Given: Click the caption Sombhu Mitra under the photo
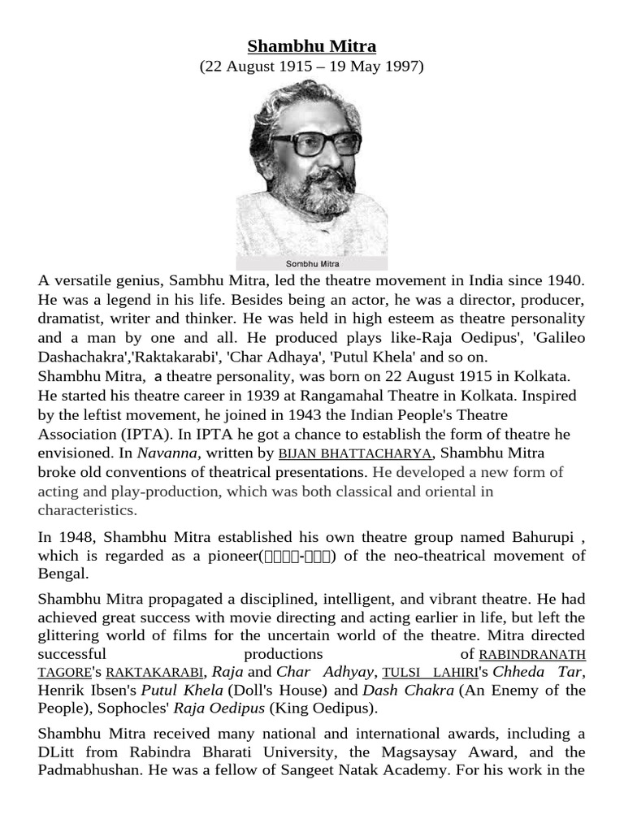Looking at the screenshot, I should coord(312,263).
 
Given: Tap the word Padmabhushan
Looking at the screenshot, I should coord(89,769).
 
